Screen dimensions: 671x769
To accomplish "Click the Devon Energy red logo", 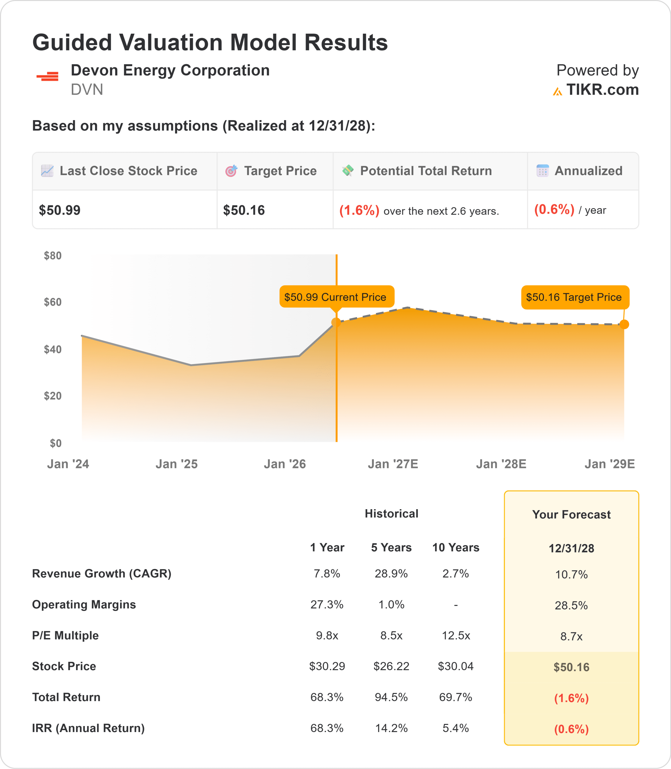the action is tap(47, 76).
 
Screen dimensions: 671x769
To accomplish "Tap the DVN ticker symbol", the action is tap(87, 90).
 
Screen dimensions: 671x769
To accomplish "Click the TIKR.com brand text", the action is tap(602, 90).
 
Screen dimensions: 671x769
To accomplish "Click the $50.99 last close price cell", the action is tap(59, 210).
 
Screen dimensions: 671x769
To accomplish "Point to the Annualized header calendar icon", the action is tap(543, 171).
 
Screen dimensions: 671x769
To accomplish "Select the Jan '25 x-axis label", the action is tap(176, 464).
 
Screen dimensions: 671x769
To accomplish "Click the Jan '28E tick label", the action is tap(501, 464).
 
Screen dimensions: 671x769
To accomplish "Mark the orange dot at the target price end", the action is tap(624, 324).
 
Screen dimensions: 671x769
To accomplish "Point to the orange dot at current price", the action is tap(336, 322).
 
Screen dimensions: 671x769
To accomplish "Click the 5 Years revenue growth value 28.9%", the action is tap(391, 573).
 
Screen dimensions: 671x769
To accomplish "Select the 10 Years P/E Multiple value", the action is tap(456, 635).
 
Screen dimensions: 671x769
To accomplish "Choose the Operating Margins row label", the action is tap(84, 605).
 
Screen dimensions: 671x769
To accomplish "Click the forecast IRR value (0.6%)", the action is tap(572, 729).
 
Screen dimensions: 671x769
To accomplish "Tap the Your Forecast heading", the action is tap(572, 514).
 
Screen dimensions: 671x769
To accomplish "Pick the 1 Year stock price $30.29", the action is tap(327, 666).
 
